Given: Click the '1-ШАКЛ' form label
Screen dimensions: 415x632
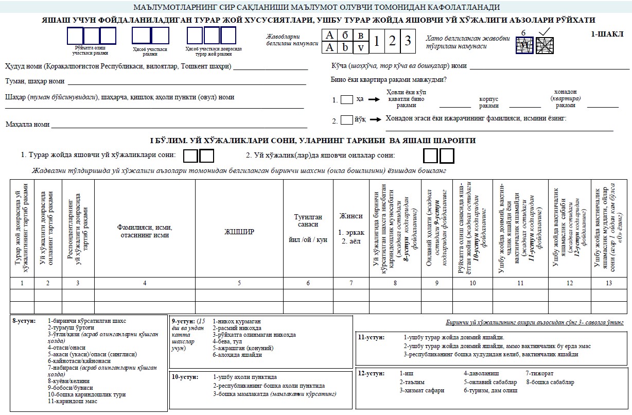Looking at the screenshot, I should pyautogui.click(x=607, y=34).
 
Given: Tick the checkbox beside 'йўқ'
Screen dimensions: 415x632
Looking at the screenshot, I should pyautogui.click(x=347, y=120).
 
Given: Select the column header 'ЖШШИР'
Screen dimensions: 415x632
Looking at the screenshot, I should pyautogui.click(x=239, y=232).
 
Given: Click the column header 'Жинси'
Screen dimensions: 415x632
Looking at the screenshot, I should pyautogui.click(x=351, y=216).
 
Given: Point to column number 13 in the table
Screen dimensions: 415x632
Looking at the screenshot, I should pyautogui.click(x=609, y=283).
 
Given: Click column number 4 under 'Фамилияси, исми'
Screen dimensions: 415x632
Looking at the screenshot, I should pyautogui.click(x=145, y=283).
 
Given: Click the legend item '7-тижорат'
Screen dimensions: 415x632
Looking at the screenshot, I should pyautogui.click(x=539, y=373).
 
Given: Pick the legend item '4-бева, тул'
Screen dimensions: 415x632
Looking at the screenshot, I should pyautogui.click(x=230, y=341).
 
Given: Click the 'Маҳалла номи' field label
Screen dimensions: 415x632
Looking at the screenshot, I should pyautogui.click(x=27, y=124).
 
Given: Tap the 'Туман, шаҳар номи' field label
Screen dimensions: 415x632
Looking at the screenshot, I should pyautogui.click(x=34, y=81).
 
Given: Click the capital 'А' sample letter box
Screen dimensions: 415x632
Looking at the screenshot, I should pyautogui.click(x=329, y=35).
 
